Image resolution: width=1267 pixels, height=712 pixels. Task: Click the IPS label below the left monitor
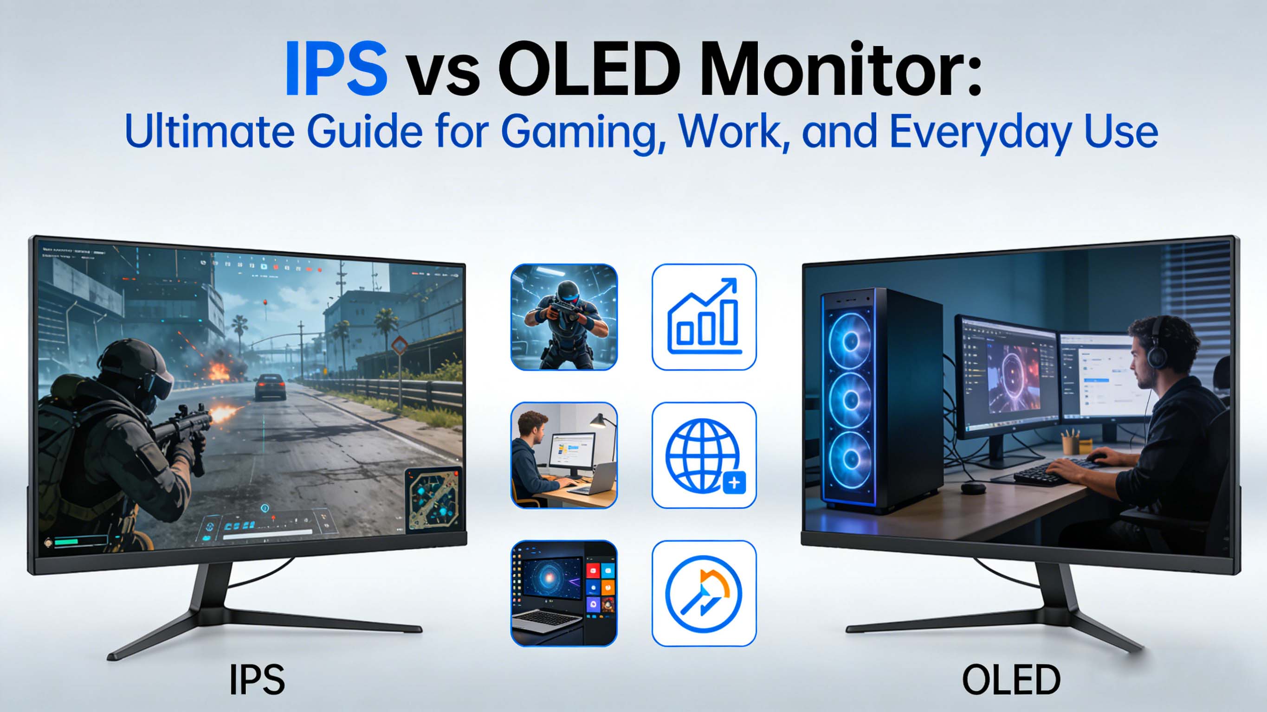pos(257,680)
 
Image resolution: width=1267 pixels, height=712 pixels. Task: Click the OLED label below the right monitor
pos(1011,680)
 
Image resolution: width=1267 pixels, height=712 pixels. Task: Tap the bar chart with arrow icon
pos(704,317)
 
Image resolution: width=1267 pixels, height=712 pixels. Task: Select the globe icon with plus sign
pos(704,455)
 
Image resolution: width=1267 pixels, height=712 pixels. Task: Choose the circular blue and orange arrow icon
pos(704,594)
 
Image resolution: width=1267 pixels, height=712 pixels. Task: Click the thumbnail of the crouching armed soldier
pos(564,317)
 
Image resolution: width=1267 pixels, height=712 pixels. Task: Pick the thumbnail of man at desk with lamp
pos(564,455)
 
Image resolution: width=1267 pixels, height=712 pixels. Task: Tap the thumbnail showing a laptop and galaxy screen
pos(564,594)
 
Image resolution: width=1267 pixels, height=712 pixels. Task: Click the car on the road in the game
pos(270,386)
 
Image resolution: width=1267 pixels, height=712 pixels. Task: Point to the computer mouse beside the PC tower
pos(973,488)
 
